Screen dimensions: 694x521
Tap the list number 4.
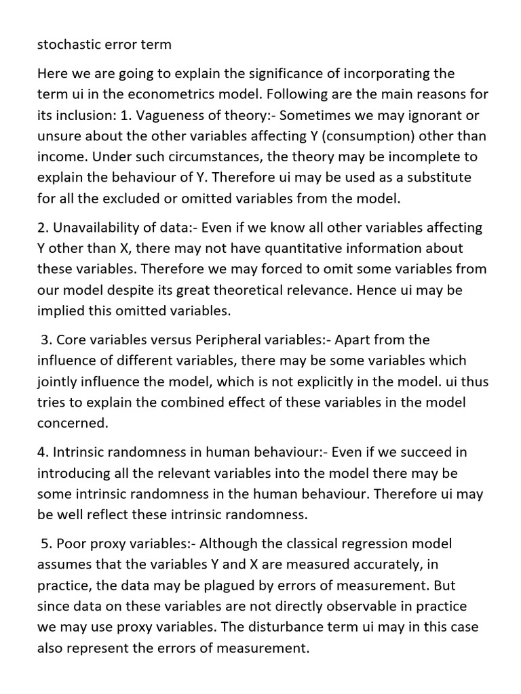[x=41, y=451]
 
